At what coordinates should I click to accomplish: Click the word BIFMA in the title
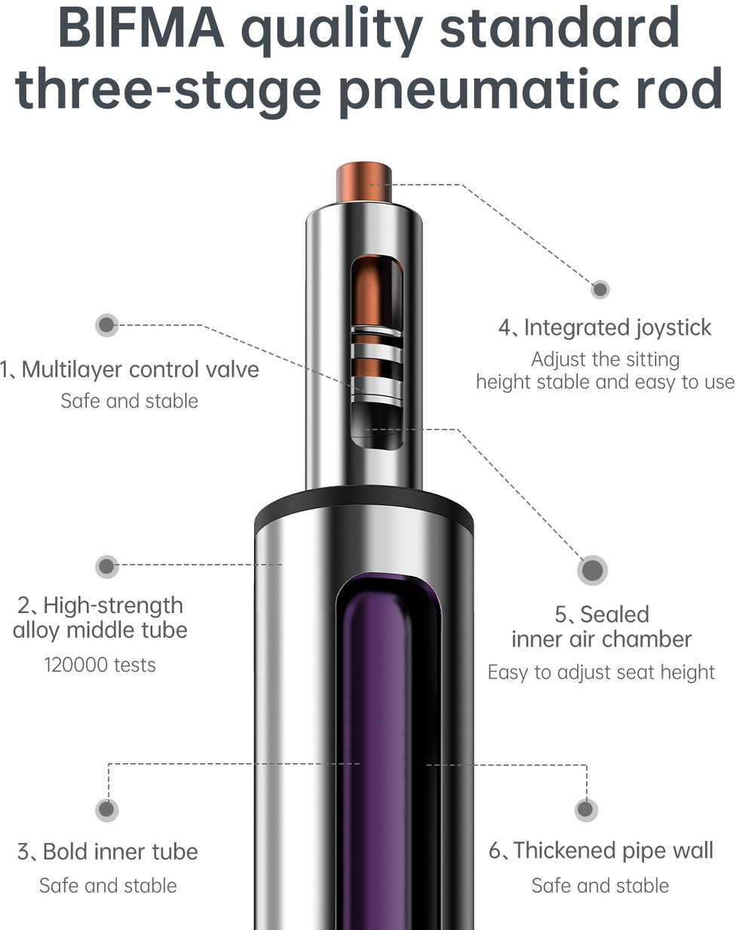pos(141,28)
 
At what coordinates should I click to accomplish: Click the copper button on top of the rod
pos(364,181)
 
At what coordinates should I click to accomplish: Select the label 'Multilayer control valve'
pos(140,370)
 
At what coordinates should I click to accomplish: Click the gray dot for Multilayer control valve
pos(106,325)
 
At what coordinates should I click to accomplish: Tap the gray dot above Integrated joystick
pos(600,289)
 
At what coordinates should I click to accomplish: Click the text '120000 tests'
pos(100,665)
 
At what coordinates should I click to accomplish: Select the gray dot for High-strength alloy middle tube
pos(106,567)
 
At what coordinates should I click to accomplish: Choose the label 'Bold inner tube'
pos(121,851)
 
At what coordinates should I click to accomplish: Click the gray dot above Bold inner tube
pos(106,809)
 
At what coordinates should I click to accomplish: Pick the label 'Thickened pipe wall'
pos(613,851)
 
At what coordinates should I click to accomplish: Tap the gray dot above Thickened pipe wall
pos(586,809)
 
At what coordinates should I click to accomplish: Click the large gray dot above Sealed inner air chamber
pos(592,571)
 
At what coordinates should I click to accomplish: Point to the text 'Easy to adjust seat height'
pos(601,673)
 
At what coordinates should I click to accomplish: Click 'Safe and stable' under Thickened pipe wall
pos(600,886)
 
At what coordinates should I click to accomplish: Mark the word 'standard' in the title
pos(560,28)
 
